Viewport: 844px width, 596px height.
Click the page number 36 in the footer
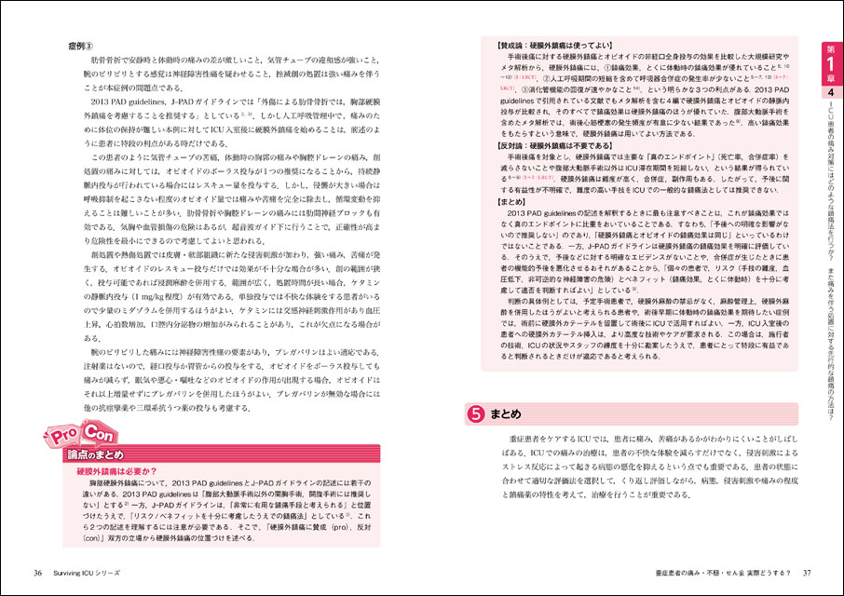click(38, 571)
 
